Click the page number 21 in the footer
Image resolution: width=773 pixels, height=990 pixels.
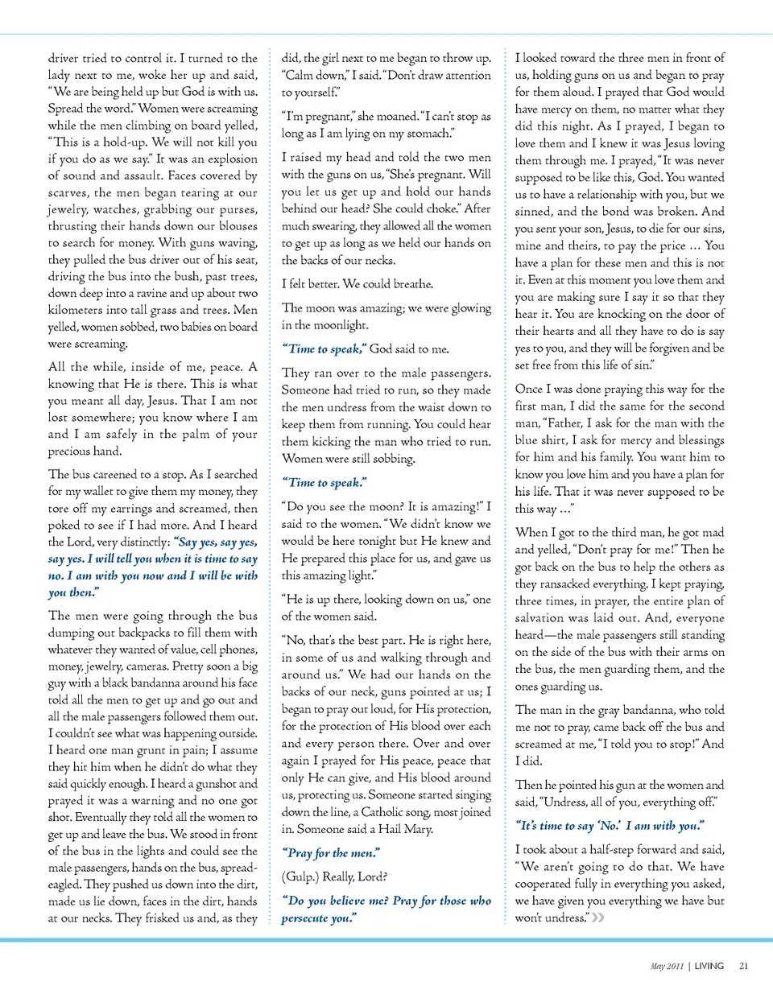point(743,966)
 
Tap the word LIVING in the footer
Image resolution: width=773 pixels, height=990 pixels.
point(708,966)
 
